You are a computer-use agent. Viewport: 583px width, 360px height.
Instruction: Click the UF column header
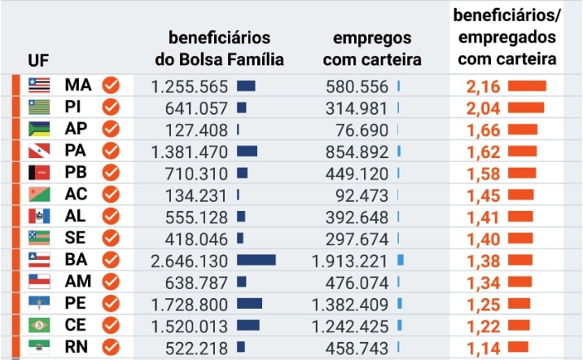coord(38,60)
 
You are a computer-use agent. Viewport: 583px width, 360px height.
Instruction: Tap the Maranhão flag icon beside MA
coord(39,86)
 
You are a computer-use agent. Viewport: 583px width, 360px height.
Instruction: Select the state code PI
coord(72,107)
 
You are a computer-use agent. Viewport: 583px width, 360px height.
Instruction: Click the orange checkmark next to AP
coord(111,129)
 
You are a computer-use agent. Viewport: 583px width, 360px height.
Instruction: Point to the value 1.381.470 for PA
coord(189,151)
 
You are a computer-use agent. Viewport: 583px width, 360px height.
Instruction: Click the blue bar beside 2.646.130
coord(256,260)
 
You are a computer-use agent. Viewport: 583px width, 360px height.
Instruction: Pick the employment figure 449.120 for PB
coord(357,173)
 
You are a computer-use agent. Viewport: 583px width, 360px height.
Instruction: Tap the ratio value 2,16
coord(484,86)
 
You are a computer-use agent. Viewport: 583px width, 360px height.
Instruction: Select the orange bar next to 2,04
coord(526,108)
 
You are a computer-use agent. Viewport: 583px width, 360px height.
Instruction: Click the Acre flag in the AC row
coord(39,194)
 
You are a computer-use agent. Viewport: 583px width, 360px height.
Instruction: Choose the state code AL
coord(75,216)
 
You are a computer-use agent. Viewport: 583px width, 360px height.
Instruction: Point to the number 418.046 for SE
coord(196,239)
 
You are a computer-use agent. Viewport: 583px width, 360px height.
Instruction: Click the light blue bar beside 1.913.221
coord(401,260)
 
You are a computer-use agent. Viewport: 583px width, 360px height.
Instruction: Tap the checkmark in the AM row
coord(111,281)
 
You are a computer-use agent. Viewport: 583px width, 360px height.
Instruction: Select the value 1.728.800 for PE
coord(189,305)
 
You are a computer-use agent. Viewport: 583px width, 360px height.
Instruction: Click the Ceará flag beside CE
coord(39,325)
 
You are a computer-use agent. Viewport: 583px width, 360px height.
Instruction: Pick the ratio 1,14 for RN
coord(484,349)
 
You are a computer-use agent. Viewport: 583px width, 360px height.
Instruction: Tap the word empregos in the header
coord(372,38)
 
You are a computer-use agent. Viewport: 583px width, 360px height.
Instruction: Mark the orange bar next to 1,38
coord(520,260)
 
